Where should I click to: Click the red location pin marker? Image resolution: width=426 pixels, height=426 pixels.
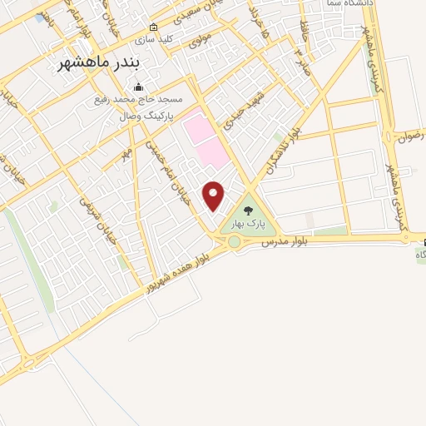(215, 196)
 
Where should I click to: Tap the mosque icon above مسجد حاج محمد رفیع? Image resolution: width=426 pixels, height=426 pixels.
(138, 88)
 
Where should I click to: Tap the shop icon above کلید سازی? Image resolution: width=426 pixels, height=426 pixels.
(153, 27)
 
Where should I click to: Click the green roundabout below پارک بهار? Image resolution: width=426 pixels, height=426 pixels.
(235, 242)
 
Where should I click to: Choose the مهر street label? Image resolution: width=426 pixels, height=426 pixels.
(127, 156)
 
